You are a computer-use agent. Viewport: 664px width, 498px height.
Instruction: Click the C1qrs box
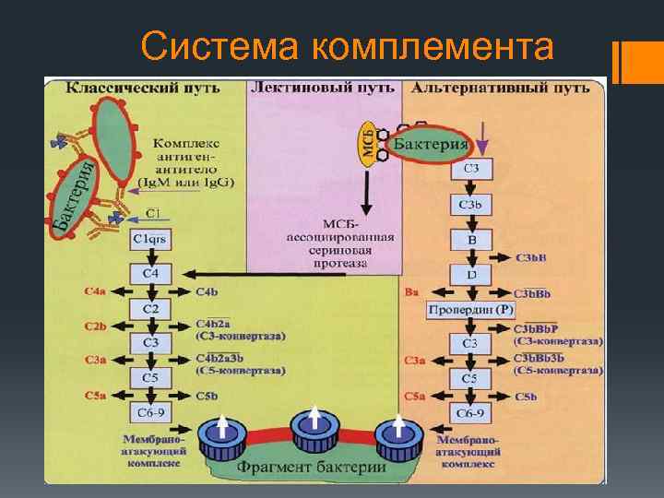pos(149,240)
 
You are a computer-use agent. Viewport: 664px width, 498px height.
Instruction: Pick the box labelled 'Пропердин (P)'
pos(469,310)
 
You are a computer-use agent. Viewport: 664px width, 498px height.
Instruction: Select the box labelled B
pos(470,239)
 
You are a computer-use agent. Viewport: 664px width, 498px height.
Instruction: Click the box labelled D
pos(470,275)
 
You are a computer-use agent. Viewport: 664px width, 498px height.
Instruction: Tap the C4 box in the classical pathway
pos(149,274)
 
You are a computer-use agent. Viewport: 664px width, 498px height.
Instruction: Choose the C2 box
pos(149,308)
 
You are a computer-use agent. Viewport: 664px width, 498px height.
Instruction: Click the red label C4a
pos(95,292)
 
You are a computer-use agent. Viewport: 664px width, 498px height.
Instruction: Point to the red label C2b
pos(95,326)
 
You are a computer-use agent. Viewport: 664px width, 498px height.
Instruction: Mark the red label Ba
pos(412,292)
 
